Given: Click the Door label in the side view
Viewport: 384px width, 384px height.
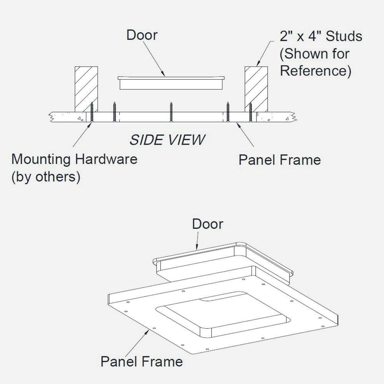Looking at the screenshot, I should pos(142,35).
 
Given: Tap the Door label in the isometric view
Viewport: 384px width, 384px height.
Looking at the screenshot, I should pos(207,224).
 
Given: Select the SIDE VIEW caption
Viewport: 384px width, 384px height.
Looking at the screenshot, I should pos(167,140).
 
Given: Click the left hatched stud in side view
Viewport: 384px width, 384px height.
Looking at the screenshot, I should pos(86,88).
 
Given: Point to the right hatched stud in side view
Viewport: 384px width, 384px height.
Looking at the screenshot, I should pos(256,88).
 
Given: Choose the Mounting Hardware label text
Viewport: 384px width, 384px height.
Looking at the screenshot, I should pos(74,159).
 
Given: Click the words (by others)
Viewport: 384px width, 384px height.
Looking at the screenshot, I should pos(46,177).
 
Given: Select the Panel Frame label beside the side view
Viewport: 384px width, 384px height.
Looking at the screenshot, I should pos(280,160).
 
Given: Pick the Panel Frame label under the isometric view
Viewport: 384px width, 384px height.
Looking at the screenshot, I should pos(141,361).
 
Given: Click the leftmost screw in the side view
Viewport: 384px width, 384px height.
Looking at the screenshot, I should pos(92,112).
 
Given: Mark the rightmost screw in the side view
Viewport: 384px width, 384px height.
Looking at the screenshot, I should pos(251,112).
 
